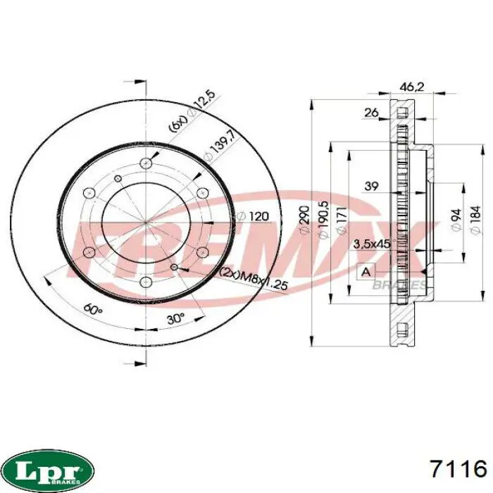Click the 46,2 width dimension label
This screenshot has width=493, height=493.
coord(411,87)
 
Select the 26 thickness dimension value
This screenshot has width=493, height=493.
coord(371,112)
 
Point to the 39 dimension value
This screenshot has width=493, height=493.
coord(371,186)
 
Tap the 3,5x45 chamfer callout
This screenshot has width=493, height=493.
coord(372,244)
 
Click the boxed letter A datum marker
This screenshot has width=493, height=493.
coord(366,271)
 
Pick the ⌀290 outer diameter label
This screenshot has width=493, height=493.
coord(304,220)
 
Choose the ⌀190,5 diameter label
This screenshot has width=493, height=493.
coord(323,220)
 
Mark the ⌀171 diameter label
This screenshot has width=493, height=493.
coord(342,220)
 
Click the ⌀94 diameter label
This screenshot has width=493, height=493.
coord(456,220)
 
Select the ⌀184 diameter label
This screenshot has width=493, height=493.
coord(475,220)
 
